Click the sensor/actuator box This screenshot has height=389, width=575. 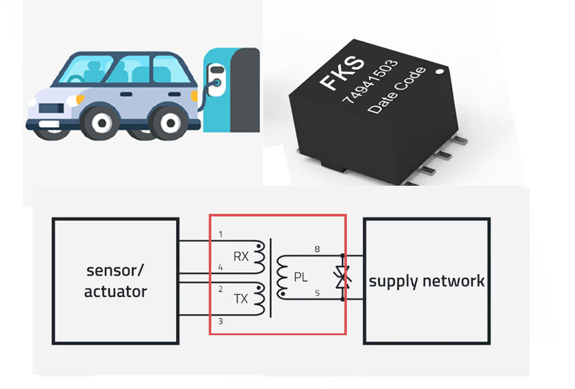pos(116,281)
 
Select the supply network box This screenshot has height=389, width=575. pos(426,281)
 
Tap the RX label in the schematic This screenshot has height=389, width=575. pos(241,256)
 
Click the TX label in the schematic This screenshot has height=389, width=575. pos(241,299)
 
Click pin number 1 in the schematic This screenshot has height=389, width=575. pos(221,235)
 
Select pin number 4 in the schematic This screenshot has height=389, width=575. pos(221,268)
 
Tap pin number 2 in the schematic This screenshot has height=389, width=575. pos(221,289)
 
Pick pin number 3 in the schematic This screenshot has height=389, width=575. pos(221,321)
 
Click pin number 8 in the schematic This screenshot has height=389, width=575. pos(317,250)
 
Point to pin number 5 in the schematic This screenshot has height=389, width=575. pos(317,291)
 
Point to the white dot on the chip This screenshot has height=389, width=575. pos(439,72)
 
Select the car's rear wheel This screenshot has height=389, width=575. pos(168,123)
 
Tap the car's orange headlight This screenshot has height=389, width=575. pos(80,99)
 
